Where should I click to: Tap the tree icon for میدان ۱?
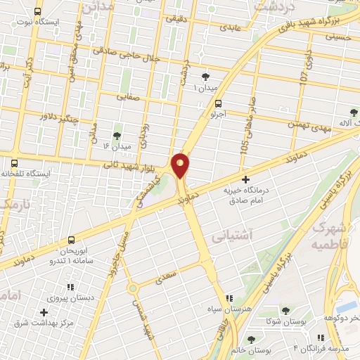pyautogui.click(x=205, y=77)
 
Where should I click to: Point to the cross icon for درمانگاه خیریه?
pyautogui.click(x=245, y=180)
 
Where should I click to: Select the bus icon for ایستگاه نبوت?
pyautogui.click(x=37, y=11)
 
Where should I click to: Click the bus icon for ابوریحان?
pyautogui.click(x=70, y=240)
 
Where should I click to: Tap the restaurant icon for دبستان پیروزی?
pyautogui.click(x=70, y=287)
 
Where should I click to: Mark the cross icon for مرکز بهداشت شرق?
pyautogui.click(x=44, y=311)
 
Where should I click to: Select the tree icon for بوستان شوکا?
pyautogui.click(x=284, y=310)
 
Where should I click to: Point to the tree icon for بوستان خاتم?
pyautogui.click(x=251, y=340)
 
